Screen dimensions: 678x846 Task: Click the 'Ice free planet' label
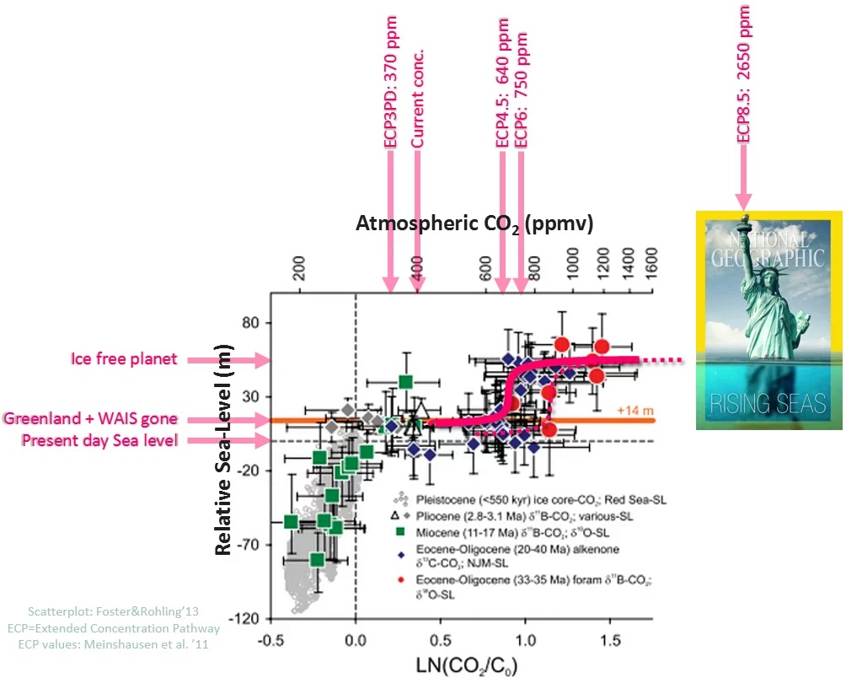tap(123, 359)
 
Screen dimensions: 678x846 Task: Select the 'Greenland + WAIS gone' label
tap(90, 419)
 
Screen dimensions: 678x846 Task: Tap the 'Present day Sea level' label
tap(99, 440)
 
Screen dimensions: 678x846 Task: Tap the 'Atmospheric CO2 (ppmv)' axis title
tap(475, 224)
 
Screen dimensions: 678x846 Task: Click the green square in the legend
tap(402, 532)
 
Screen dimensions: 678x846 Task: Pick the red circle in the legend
tap(402, 581)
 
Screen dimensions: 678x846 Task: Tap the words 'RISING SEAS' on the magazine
tap(767, 403)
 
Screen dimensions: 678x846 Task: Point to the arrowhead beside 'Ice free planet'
tap(257, 360)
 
